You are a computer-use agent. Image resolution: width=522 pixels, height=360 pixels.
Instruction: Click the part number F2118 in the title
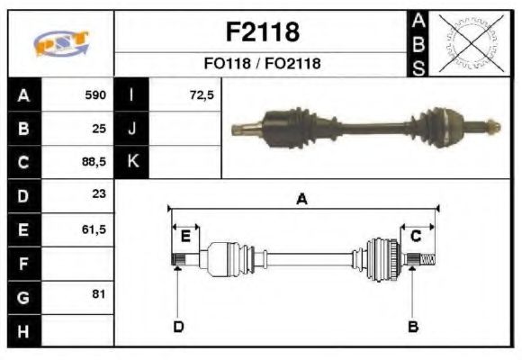pos(261,32)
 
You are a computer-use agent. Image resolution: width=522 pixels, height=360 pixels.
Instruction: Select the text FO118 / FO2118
pos(261,64)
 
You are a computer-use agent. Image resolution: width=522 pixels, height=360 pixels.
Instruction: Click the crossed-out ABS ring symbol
pos(468,43)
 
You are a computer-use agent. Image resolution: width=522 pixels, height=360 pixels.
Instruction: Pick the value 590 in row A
pos(94,94)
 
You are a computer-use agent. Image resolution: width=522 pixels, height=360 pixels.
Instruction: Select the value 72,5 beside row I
pos(202,94)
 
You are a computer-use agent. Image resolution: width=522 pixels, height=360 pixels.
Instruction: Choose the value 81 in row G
pos(98,294)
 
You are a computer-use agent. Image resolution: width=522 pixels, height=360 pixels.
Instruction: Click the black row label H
pos(23,331)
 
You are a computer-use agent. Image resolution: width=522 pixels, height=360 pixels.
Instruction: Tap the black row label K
pos(131,162)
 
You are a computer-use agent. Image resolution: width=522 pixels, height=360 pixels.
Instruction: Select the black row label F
pos(23,264)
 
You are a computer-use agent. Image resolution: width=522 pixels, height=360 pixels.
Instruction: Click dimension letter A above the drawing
pos(301,200)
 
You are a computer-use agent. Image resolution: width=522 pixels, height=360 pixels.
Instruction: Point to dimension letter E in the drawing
pos(185,236)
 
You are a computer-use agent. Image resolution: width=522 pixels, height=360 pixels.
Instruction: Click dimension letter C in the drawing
pos(416,236)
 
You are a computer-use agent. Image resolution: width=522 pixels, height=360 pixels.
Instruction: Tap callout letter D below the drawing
pos(178,326)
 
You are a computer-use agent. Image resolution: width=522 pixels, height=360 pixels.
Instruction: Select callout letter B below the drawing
pos(413,326)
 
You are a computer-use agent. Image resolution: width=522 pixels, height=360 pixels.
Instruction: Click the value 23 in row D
pos(98,194)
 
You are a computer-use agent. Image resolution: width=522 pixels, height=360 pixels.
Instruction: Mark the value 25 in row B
pos(99,128)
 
